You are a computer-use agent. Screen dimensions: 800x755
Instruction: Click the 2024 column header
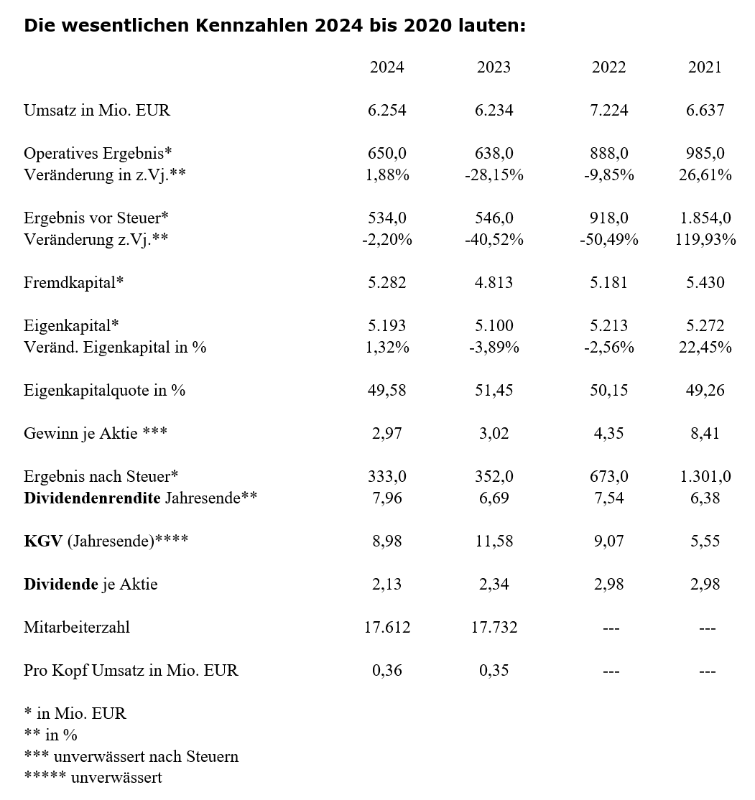click(x=386, y=67)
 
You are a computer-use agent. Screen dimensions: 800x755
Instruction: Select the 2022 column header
click(x=608, y=67)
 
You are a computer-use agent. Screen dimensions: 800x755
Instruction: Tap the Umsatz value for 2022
click(x=608, y=110)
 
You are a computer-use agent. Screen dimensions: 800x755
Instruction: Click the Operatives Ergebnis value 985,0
click(x=705, y=153)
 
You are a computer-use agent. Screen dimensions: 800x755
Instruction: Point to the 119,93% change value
click(x=705, y=239)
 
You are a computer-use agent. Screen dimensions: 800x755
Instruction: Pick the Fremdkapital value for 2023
click(x=494, y=282)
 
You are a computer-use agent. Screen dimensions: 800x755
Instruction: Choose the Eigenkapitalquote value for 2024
click(x=386, y=390)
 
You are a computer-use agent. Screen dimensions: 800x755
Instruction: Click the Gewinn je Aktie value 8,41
click(x=705, y=433)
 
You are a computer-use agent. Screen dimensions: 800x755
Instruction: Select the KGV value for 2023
click(x=494, y=541)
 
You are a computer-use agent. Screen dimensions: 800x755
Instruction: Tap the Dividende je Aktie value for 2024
click(x=386, y=584)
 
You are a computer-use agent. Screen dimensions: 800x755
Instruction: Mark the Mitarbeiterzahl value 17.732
click(x=494, y=627)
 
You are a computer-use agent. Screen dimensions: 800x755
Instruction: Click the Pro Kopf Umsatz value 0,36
click(x=386, y=670)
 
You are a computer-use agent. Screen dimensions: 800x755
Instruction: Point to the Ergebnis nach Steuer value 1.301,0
click(x=705, y=476)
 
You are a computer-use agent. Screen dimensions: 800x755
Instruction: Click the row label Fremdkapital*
click(x=73, y=282)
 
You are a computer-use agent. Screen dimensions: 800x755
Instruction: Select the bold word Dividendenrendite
click(x=92, y=498)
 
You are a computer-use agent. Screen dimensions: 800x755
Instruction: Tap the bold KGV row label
click(x=43, y=541)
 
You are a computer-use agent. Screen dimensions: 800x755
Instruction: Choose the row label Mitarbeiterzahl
click(x=77, y=627)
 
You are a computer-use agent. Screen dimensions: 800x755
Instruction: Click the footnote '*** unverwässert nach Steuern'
click(x=131, y=756)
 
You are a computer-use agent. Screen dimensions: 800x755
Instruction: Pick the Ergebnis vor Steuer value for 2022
click(x=608, y=218)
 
